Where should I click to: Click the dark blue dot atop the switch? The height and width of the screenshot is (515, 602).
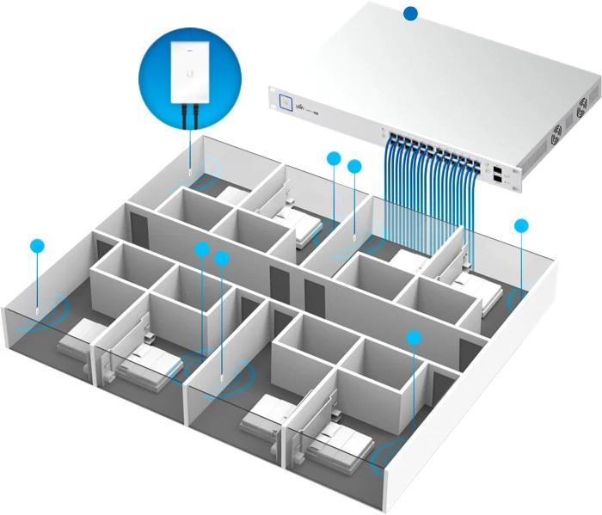click(411, 13)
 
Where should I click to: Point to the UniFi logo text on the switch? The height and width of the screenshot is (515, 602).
click(304, 106)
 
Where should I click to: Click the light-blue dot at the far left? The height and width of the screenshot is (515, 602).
click(36, 245)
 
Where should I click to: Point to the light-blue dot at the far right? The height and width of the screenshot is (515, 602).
click(521, 225)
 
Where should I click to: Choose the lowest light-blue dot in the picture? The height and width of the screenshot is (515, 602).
click(414, 337)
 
